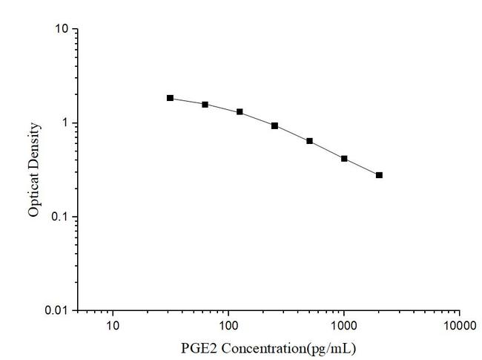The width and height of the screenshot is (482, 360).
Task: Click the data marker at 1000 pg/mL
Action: coord(344,158)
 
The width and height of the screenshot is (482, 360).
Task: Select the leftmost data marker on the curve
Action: coord(170,98)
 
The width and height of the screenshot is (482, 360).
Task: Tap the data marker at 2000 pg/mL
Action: coord(379,175)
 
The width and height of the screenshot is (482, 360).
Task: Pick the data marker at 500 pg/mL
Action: coord(309,140)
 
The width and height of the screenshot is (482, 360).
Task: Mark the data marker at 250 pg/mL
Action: coord(274,125)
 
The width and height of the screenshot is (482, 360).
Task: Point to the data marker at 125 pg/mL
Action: coord(240,111)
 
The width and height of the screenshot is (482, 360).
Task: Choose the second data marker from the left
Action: coord(205,104)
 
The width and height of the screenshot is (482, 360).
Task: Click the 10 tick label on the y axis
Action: coord(62,29)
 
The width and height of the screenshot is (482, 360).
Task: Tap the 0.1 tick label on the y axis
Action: coord(61,217)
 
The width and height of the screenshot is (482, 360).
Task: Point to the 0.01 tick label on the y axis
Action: coord(58,310)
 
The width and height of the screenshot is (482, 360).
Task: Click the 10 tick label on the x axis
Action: coord(113,326)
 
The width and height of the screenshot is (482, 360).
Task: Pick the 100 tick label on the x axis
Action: coord(228,326)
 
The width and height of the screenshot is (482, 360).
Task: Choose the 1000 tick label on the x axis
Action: coord(344,326)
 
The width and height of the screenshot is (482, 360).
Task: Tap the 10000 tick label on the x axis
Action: coord(459,326)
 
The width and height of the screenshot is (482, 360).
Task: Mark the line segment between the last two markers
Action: coord(362,167)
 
